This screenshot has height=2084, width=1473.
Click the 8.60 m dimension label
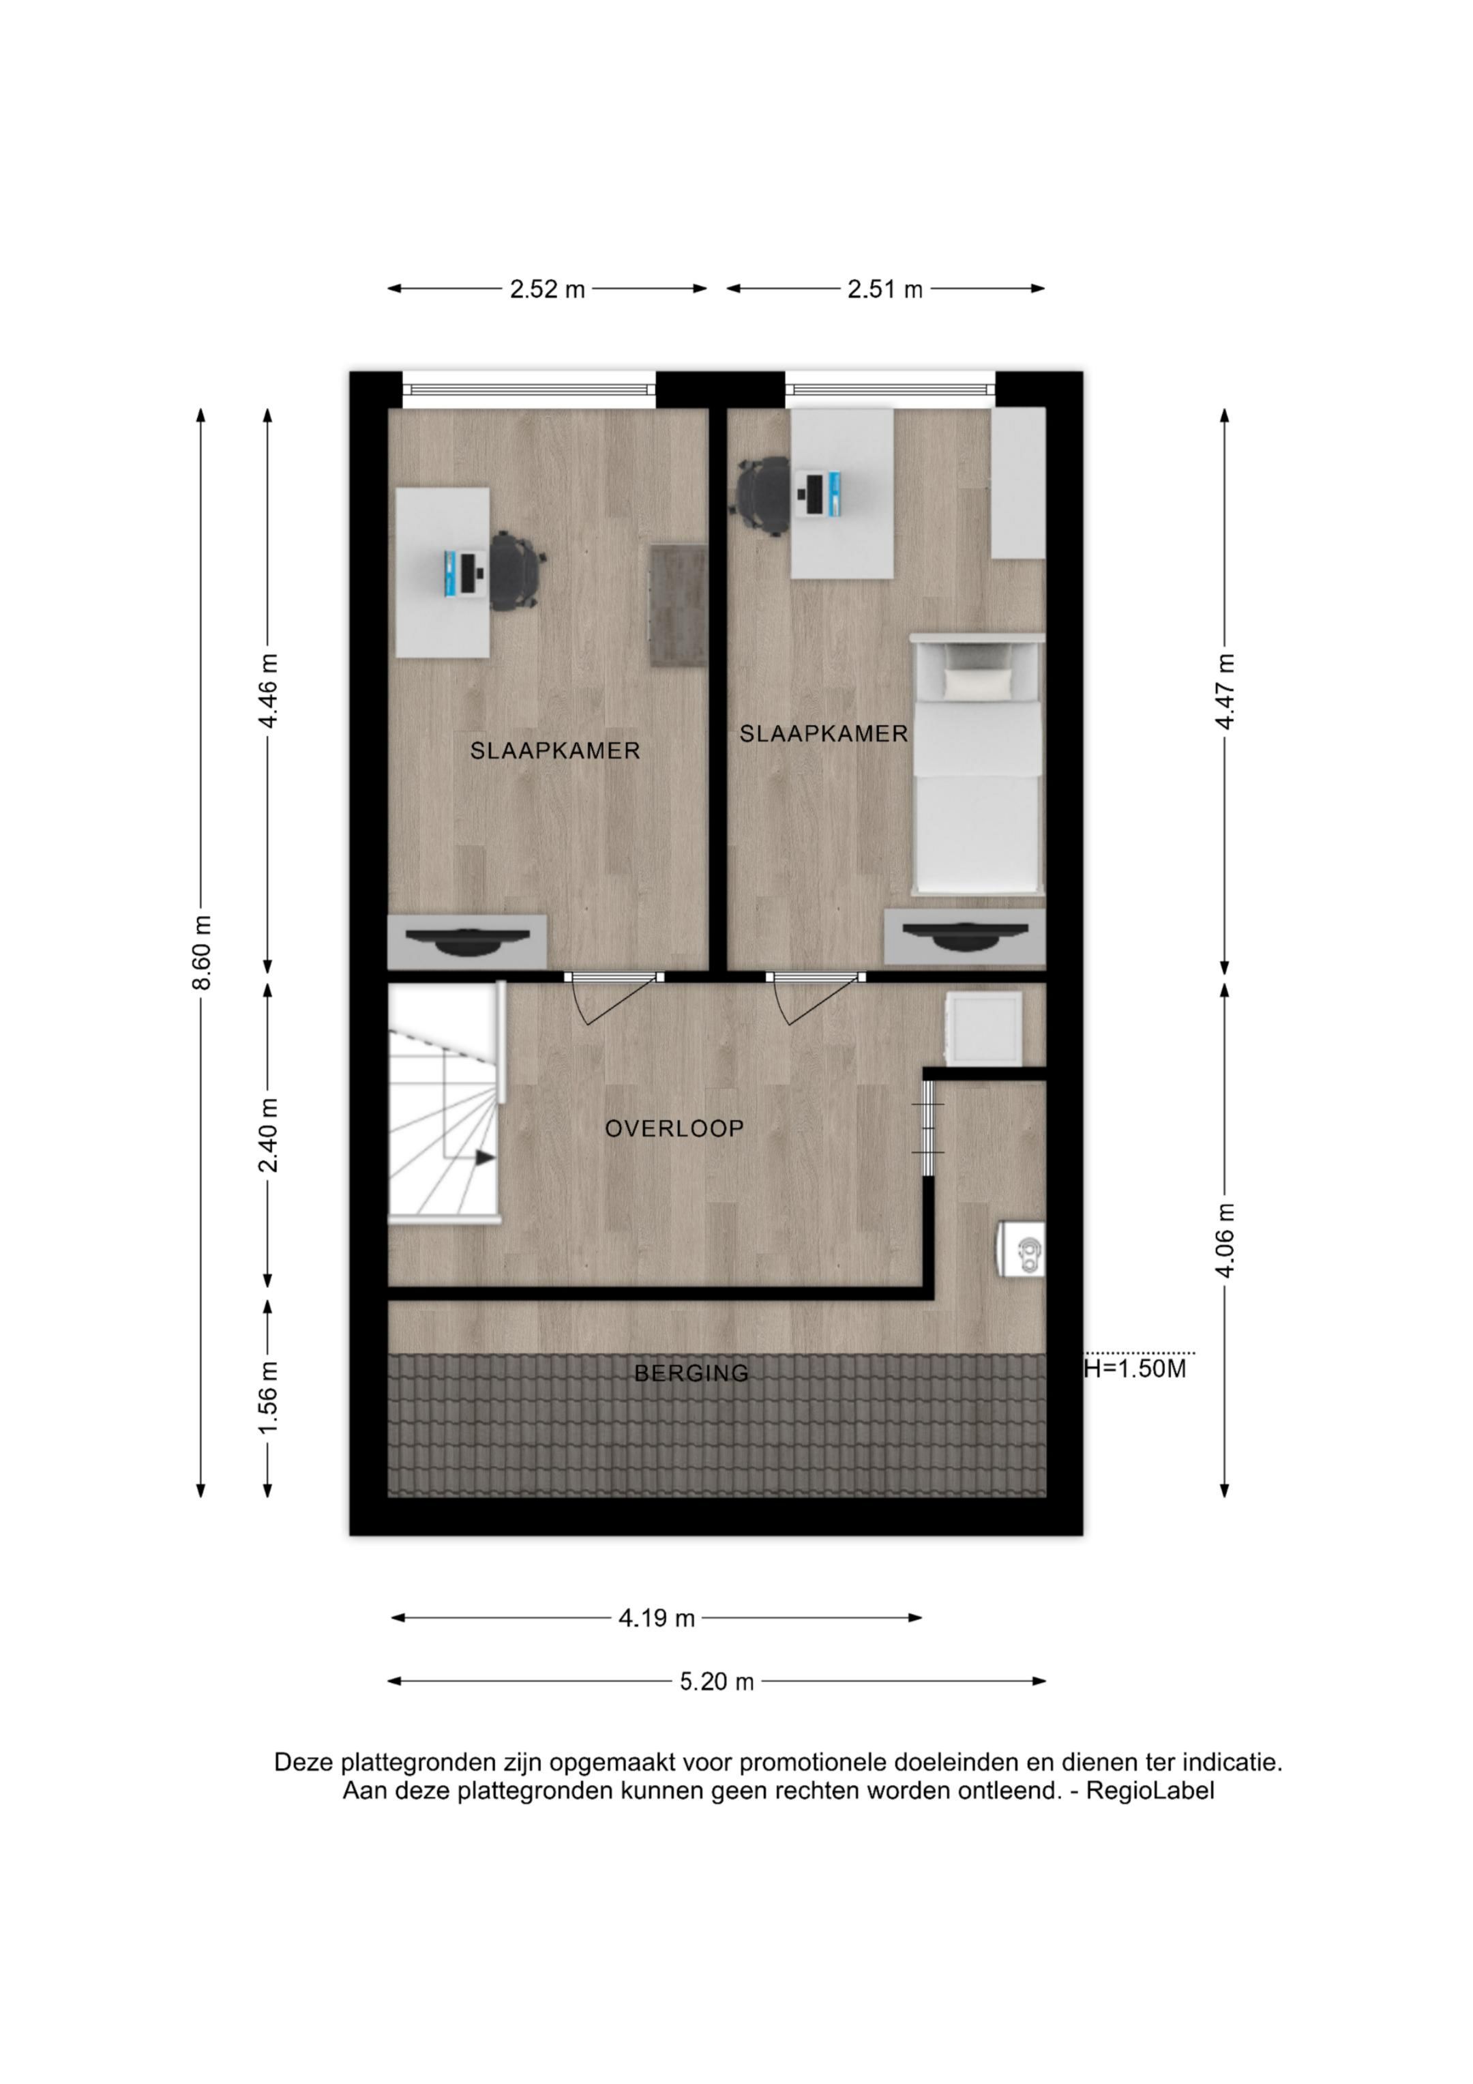tap(204, 952)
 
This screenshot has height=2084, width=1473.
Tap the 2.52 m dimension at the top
tap(548, 289)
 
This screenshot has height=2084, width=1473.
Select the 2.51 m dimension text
tap(885, 289)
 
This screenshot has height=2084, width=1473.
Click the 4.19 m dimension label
tap(657, 1617)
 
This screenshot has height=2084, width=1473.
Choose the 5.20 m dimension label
tap(717, 1681)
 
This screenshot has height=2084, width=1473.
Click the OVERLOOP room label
tap(674, 1128)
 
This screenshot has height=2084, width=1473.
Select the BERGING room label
tap(691, 1373)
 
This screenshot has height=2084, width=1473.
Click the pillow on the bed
tap(977, 683)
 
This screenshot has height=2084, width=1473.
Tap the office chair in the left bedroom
tap(518, 571)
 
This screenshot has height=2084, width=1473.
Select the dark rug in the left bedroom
tap(678, 607)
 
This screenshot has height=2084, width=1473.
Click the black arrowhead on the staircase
tap(486, 1157)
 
